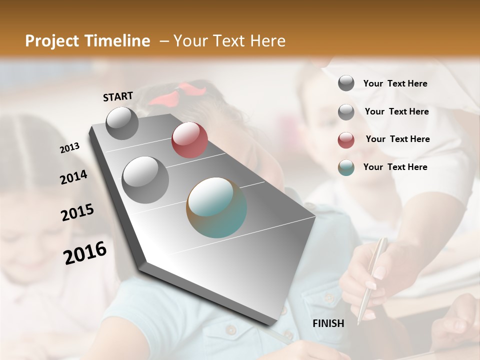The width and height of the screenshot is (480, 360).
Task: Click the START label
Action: pyautogui.click(x=118, y=96)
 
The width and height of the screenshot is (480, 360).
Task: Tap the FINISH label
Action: pyautogui.click(x=328, y=323)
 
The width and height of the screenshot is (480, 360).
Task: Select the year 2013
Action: pyautogui.click(x=70, y=148)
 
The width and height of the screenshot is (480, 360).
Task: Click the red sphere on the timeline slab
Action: pyautogui.click(x=189, y=140)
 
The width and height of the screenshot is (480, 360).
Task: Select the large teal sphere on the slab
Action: pyautogui.click(x=216, y=207)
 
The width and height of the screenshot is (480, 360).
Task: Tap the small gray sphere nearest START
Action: pyautogui.click(x=122, y=123)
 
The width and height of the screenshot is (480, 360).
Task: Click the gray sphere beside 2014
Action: pyautogui.click(x=145, y=179)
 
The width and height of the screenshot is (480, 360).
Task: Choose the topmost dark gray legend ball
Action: pyautogui.click(x=346, y=83)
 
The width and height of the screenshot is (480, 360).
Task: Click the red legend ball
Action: pyautogui.click(x=346, y=140)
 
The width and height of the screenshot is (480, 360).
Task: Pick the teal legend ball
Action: pyautogui.click(x=346, y=167)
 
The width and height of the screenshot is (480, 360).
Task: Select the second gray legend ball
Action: pyautogui.click(x=346, y=112)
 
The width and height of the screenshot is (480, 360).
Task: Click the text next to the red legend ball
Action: pyautogui.click(x=397, y=139)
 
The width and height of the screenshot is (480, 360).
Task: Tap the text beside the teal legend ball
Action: pyautogui.click(x=395, y=167)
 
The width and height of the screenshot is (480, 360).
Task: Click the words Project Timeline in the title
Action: pyautogui.click(x=87, y=41)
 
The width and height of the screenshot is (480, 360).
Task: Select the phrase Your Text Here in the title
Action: pyautogui.click(x=229, y=41)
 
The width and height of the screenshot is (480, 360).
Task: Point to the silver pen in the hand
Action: pyautogui.click(x=372, y=277)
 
